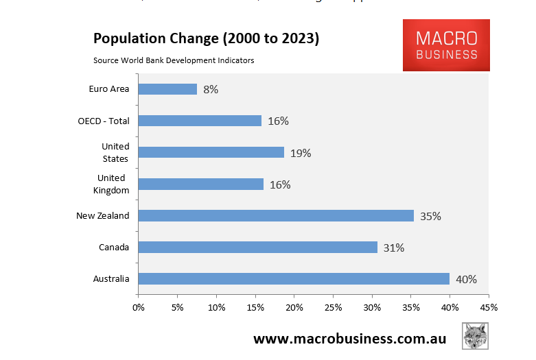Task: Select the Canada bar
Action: [x=258, y=248]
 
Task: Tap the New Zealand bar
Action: [x=276, y=216]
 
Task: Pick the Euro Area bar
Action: [x=168, y=89]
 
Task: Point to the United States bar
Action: [x=211, y=152]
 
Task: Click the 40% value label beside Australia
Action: [x=466, y=279]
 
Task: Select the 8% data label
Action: [x=211, y=89]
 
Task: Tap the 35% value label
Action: [x=430, y=216]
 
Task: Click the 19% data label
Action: [x=301, y=153]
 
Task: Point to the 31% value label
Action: [x=394, y=248]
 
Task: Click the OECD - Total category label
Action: [x=104, y=121]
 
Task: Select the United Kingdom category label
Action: [x=111, y=184]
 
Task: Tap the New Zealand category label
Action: [x=103, y=216]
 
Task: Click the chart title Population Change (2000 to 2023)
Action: [x=206, y=39]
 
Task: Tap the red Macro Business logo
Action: [x=446, y=45]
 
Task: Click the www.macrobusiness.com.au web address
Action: [x=350, y=339]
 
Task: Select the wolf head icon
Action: [x=475, y=336]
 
